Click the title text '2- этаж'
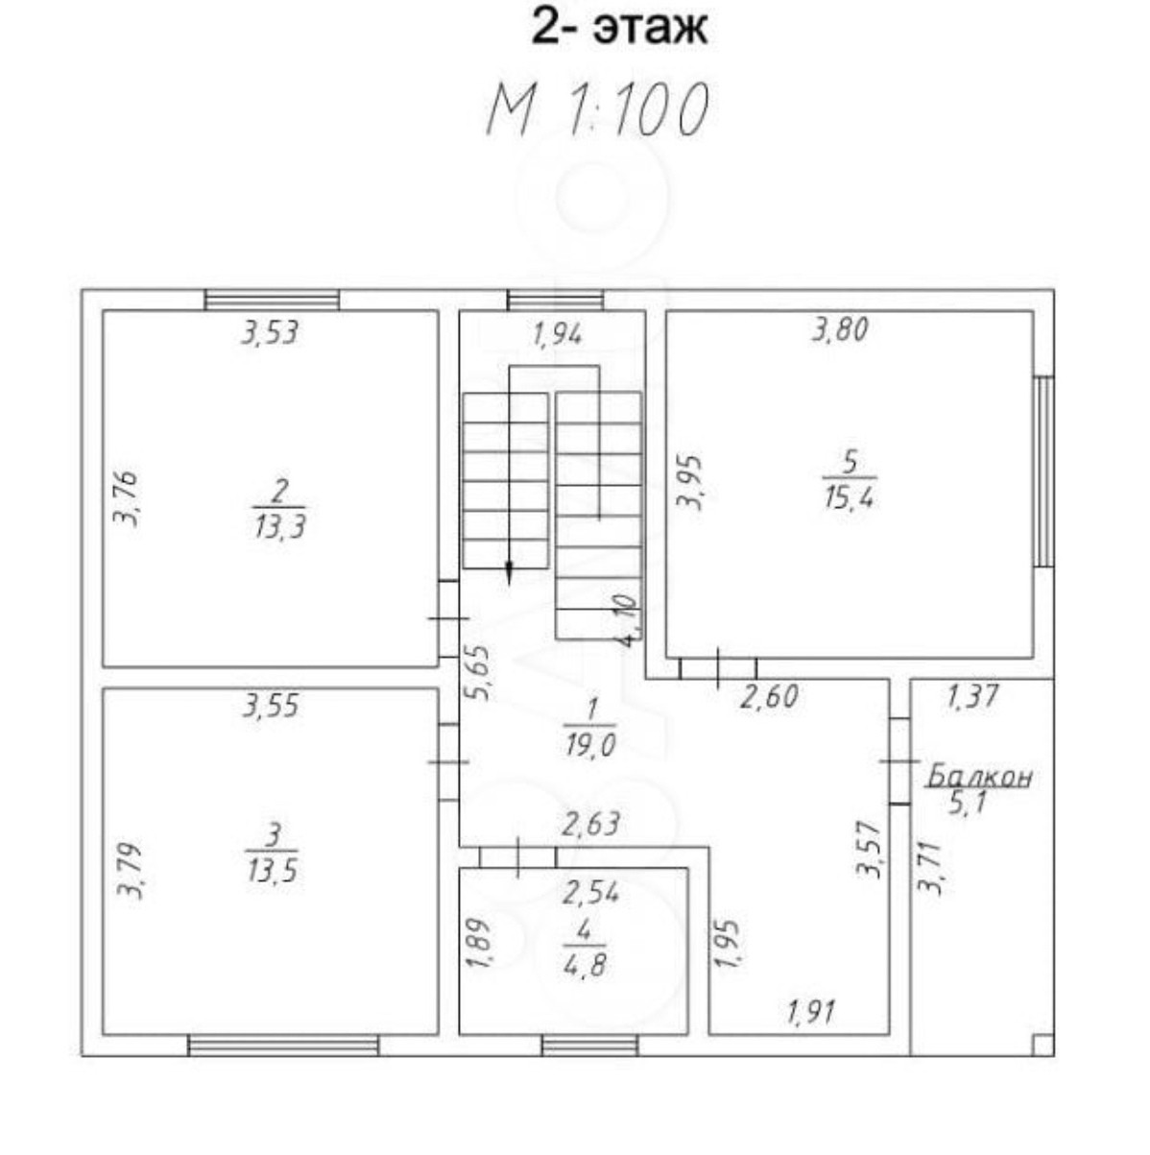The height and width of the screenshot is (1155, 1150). coord(620,28)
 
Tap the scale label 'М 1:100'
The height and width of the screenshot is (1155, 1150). coord(597,109)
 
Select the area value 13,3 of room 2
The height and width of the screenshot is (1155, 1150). coord(280,527)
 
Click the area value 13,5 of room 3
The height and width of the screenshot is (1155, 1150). coord(272,870)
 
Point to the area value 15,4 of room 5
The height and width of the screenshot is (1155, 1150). coord(850,497)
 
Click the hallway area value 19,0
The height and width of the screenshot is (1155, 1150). coord(589,746)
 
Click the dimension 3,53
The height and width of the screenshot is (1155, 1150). coord(270,332)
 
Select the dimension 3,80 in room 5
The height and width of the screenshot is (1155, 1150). coord(840,329)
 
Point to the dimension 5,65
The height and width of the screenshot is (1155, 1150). coord(479,672)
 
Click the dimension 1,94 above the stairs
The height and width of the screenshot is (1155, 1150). coord(558,335)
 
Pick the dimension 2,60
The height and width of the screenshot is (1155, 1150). coord(769,697)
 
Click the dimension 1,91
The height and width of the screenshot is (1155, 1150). coord(810,1012)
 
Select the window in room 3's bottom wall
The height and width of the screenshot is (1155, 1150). coord(283,1046)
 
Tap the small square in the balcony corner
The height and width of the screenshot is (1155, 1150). coord(1042,1045)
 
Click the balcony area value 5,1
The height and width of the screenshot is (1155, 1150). coord(967,803)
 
